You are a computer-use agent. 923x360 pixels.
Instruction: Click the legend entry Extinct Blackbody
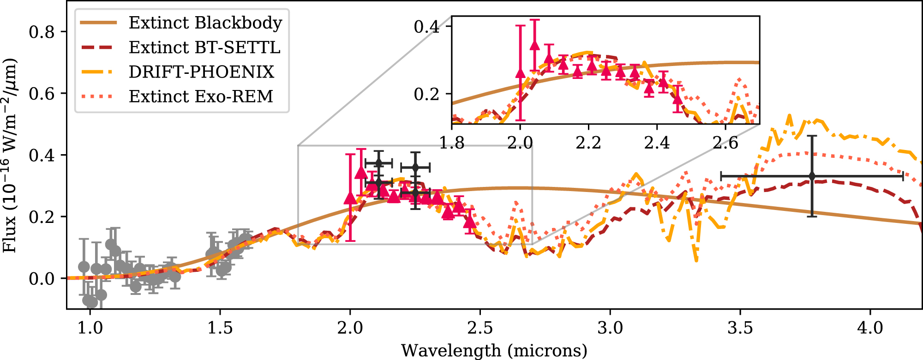point(205,23)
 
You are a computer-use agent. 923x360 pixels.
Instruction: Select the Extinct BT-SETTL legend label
point(204,47)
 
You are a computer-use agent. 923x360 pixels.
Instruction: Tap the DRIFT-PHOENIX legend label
point(201,72)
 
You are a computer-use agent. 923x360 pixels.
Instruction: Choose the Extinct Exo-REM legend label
point(201,96)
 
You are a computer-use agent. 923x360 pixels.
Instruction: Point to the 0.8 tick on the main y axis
point(42,32)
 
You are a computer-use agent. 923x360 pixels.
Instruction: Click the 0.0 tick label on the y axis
point(42,278)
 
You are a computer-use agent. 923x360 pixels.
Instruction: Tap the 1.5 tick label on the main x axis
point(220,328)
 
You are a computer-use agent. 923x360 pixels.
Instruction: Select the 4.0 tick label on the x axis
point(870,328)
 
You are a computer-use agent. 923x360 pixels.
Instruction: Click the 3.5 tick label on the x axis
point(740,328)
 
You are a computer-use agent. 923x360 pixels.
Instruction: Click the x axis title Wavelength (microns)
point(494,350)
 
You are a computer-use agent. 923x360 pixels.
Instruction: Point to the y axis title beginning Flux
point(10,155)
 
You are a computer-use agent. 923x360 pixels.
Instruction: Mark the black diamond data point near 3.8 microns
point(812,176)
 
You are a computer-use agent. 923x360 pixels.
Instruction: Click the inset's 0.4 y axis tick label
point(426,26)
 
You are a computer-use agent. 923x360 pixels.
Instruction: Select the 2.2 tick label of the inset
point(588,143)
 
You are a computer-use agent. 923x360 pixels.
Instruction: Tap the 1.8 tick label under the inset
point(452,143)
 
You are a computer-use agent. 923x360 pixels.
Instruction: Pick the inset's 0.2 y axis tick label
point(426,94)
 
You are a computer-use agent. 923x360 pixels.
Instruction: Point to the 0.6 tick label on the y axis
point(42,94)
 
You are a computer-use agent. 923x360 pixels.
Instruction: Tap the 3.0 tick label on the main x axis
point(610,328)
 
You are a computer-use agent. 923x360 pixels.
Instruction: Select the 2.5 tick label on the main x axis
point(480,328)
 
